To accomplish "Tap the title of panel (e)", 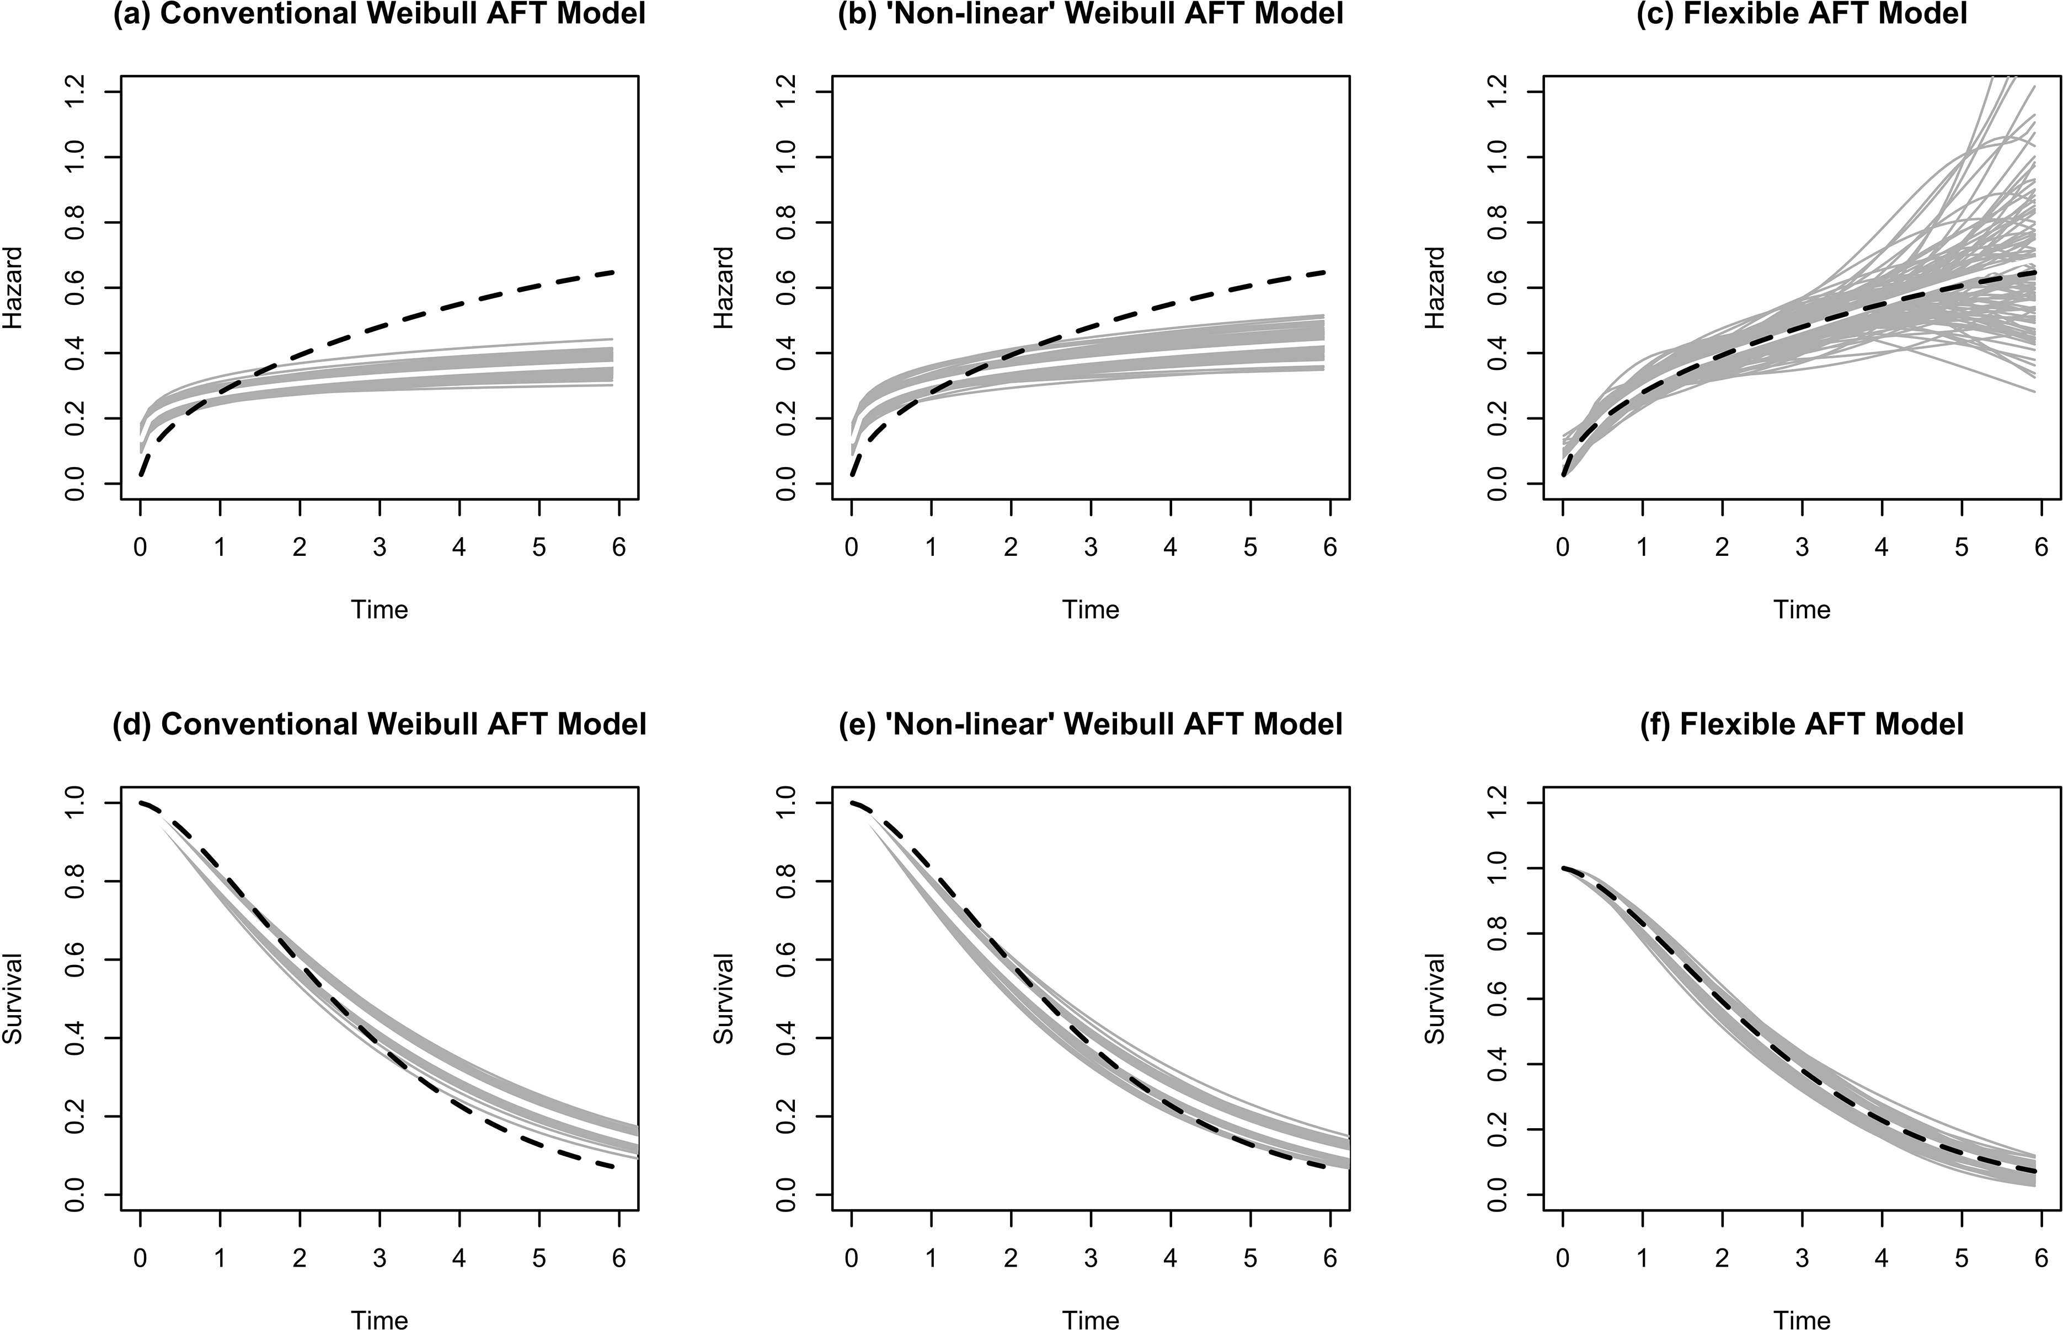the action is click(1091, 724).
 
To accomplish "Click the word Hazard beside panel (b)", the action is click(724, 288).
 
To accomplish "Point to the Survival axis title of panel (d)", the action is click(12, 999).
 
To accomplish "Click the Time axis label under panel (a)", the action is click(380, 610).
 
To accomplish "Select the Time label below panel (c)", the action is click(1802, 610).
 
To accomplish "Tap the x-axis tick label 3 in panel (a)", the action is click(380, 548).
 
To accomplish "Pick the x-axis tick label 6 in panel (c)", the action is click(2041, 548).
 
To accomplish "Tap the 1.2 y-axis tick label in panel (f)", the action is click(1498, 803).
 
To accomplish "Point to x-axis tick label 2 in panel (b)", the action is click(1011, 548).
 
